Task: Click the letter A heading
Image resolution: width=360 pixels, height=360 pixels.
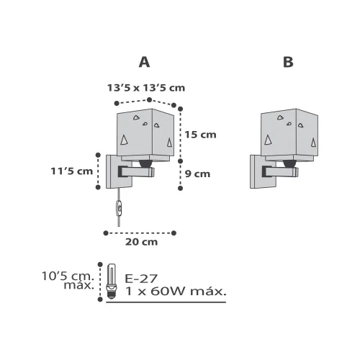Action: pos(144,62)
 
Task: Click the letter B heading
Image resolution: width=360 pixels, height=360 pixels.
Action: pos(288,62)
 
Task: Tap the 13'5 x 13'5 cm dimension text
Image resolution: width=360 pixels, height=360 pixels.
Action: pos(146,88)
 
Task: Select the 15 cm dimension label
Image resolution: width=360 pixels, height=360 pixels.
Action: pos(200,135)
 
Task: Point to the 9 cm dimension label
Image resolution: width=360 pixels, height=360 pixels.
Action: pos(197,174)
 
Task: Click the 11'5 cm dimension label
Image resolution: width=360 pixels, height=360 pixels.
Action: pos(71,171)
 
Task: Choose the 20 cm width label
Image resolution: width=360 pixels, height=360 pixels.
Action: pos(141,242)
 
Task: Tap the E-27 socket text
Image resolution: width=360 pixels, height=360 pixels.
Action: pos(141,279)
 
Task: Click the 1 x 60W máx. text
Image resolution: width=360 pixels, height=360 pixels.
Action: pos(176,292)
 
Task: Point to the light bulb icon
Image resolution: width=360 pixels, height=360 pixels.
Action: pos(112,281)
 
